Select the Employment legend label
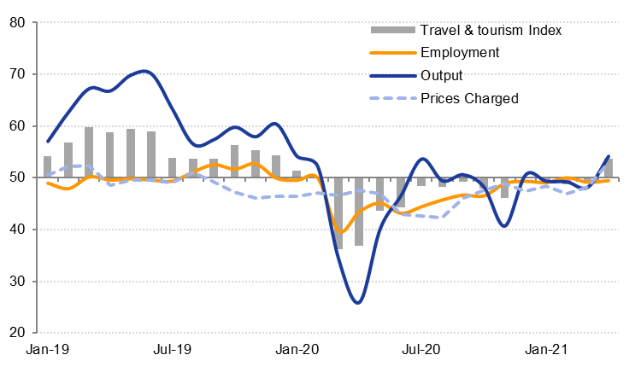(460, 53)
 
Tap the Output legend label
(443, 75)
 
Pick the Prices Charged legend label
(469, 98)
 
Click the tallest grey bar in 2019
(89, 152)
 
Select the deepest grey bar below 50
(338, 213)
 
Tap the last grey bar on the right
(608, 168)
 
